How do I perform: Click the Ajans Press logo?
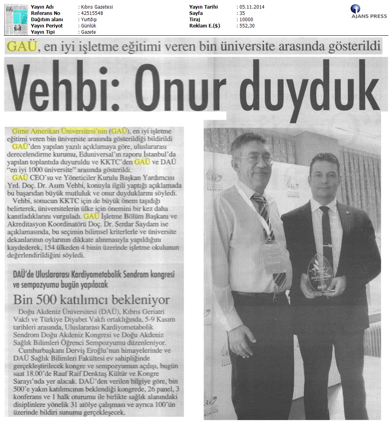[368, 11]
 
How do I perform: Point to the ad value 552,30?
[247, 26]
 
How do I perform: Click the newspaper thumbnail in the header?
[15, 19]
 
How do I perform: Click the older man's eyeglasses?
[255, 158]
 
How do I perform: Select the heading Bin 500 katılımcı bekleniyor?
[91, 300]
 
